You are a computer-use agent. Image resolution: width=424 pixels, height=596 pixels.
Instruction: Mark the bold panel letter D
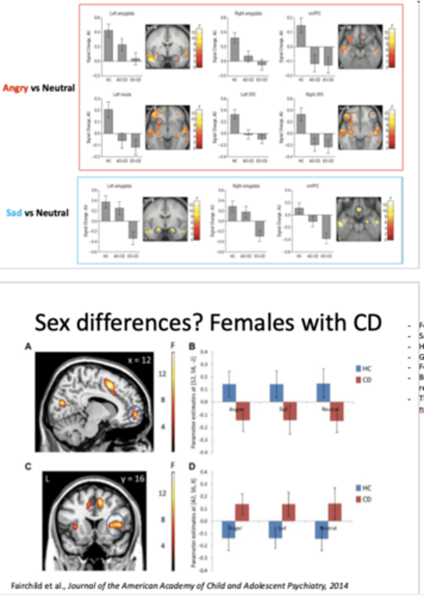coord(192,468)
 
